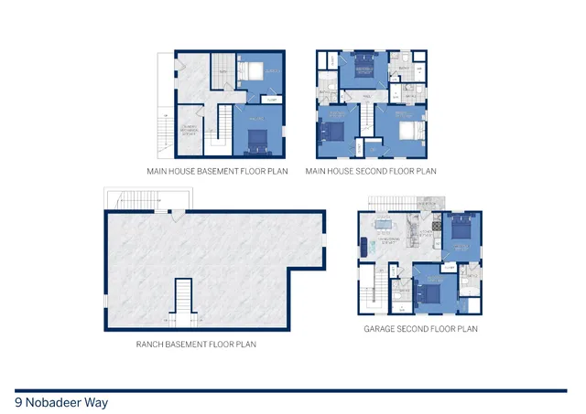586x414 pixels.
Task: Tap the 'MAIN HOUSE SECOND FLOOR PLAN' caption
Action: tap(371, 171)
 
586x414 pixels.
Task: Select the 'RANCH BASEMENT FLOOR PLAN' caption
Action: tap(195, 345)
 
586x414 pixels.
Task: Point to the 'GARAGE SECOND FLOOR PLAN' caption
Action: tap(420, 329)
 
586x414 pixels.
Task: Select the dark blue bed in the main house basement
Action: tap(257, 138)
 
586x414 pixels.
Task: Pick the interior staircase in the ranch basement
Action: tap(182, 303)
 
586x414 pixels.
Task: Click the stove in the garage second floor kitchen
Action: tap(437, 225)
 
